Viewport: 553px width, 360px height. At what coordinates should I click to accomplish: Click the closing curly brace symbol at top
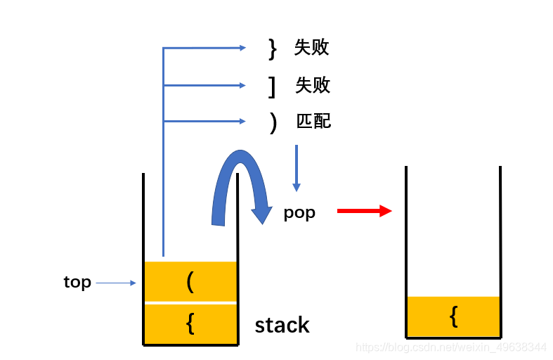point(273,48)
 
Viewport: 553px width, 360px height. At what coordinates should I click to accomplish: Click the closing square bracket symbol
point(272,86)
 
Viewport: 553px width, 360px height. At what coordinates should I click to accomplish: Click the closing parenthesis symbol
point(273,122)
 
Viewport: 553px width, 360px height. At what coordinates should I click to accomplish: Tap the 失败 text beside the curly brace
point(312,48)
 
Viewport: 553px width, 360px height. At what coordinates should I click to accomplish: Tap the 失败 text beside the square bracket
point(313,86)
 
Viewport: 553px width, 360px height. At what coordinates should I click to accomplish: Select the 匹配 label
point(313,122)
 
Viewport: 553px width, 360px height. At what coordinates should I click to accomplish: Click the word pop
point(299,213)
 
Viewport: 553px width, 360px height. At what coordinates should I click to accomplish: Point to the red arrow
point(364,211)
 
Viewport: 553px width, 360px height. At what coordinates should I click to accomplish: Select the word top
point(77,283)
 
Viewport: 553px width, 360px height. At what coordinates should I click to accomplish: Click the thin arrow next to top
point(116,283)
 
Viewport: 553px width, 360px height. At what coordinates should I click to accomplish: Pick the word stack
point(282,325)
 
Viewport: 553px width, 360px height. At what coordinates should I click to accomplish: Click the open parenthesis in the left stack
point(190,282)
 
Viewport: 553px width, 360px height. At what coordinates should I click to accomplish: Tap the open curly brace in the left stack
point(190,323)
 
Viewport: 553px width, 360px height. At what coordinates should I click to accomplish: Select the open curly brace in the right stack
point(453,316)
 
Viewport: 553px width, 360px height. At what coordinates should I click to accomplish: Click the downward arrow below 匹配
point(297,168)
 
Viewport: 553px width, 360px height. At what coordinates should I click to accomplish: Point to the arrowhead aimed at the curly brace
point(242,48)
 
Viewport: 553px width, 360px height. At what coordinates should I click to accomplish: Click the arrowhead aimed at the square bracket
point(242,86)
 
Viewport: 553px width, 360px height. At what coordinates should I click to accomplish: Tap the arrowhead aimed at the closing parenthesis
point(242,122)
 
